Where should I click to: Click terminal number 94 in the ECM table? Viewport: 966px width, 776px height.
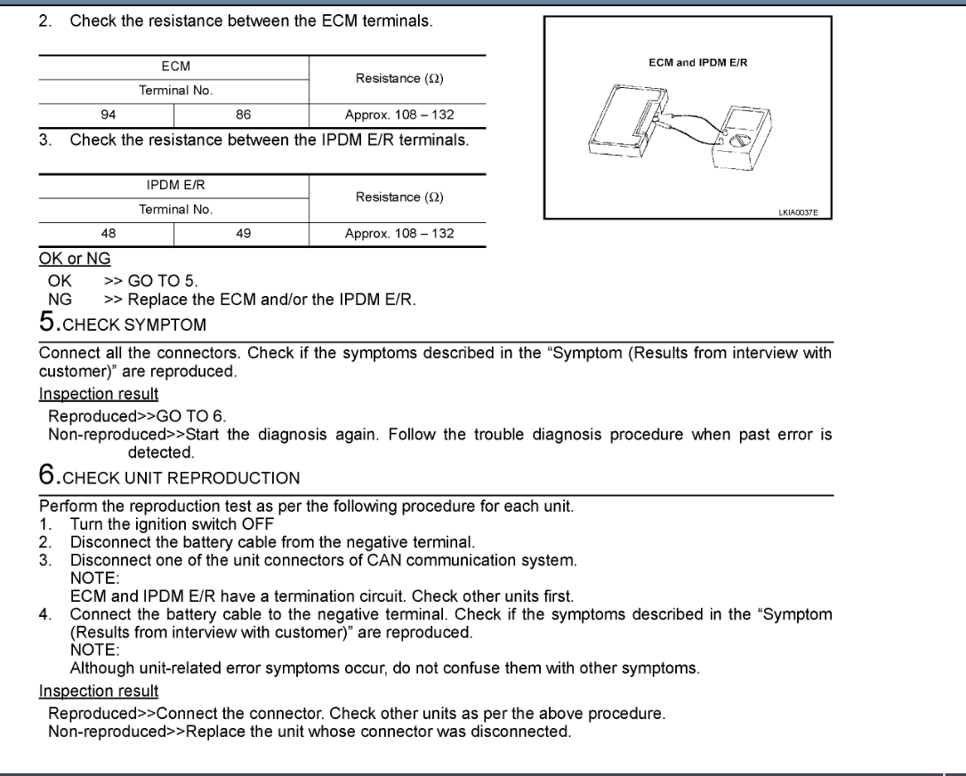coord(106,115)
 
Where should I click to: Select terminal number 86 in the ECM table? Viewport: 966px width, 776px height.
coord(243,115)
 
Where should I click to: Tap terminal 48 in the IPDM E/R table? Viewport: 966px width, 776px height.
coord(106,234)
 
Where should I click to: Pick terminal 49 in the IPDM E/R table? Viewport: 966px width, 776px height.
coord(243,234)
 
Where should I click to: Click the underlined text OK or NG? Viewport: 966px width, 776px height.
coord(75,259)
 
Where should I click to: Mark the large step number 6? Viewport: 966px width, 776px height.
coord(45,476)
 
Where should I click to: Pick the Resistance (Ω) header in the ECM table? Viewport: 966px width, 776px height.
coord(399,78)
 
